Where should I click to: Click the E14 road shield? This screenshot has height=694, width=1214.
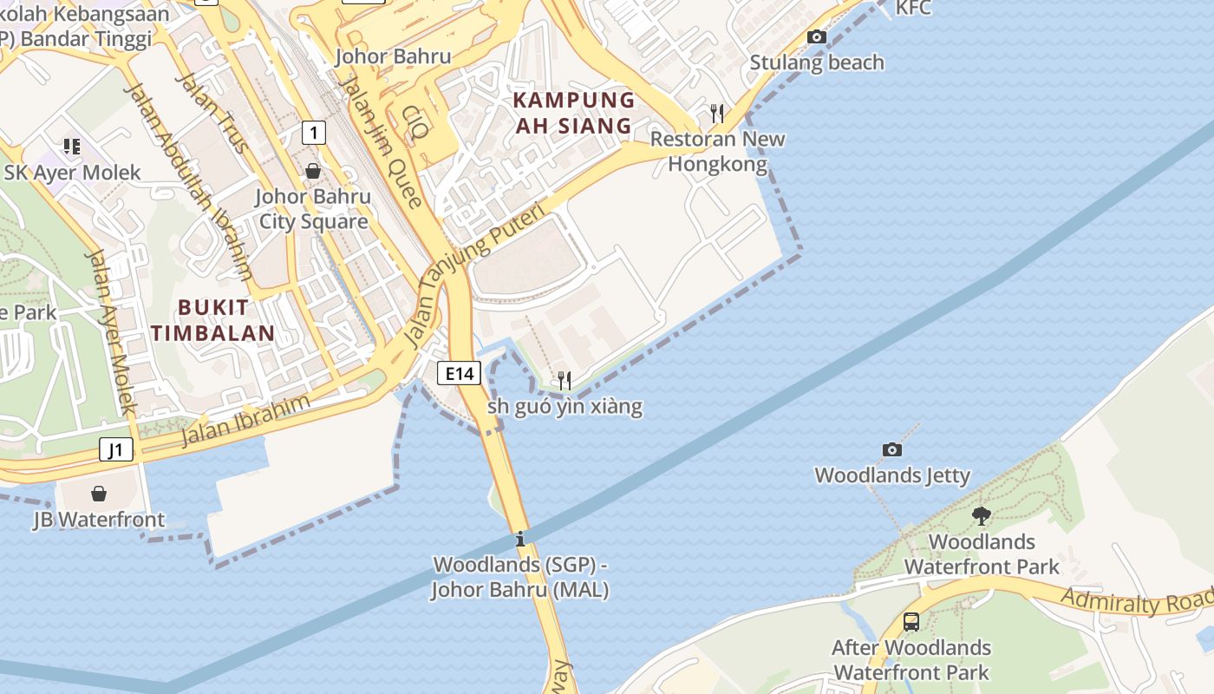point(458,373)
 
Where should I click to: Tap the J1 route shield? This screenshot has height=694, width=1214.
point(116,449)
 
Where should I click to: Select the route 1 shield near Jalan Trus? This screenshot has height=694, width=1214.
point(314,133)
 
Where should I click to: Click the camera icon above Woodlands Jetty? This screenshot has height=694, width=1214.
point(891,449)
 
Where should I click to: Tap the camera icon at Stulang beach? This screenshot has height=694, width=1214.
point(816,36)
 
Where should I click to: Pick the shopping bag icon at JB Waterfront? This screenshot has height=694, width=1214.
point(99,494)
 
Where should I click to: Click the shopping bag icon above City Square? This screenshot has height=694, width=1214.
point(312,171)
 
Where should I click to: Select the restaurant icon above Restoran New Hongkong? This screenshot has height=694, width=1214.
point(716,113)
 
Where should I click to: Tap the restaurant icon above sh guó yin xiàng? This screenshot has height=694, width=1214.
point(564,380)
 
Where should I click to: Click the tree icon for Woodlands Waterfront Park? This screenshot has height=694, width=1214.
point(981,516)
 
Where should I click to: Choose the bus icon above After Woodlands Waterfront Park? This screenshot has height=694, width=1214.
point(910,621)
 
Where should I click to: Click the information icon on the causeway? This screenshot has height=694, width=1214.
point(520,539)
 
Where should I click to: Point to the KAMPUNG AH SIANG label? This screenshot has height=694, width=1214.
point(573,113)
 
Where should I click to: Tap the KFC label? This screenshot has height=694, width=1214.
point(913,9)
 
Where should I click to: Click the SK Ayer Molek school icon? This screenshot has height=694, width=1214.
point(71,147)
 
